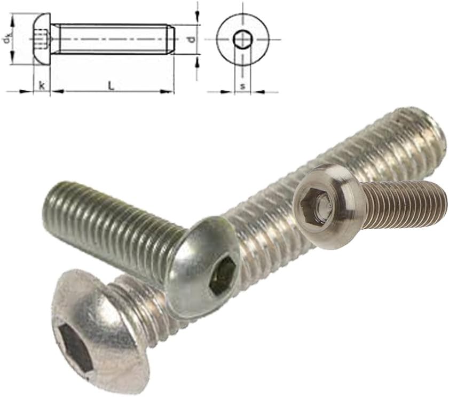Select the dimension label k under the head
(x=42, y=85)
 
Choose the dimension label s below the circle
(x=242, y=85)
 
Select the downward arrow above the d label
(x=198, y=19)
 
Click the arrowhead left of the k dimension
(x=29, y=91)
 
